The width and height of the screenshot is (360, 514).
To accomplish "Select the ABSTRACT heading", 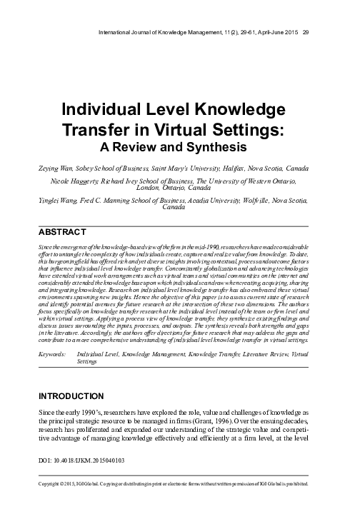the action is point(61,232).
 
